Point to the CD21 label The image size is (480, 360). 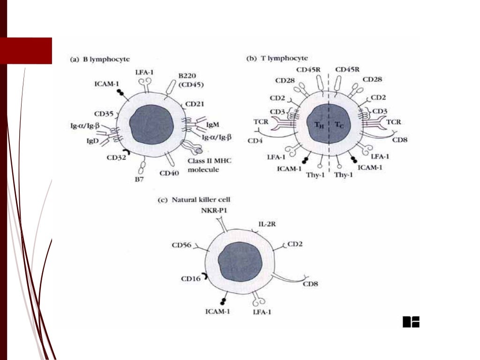(194, 104)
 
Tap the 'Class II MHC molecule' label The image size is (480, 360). (210, 165)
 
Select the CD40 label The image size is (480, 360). (169, 173)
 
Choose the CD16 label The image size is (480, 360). (190, 279)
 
